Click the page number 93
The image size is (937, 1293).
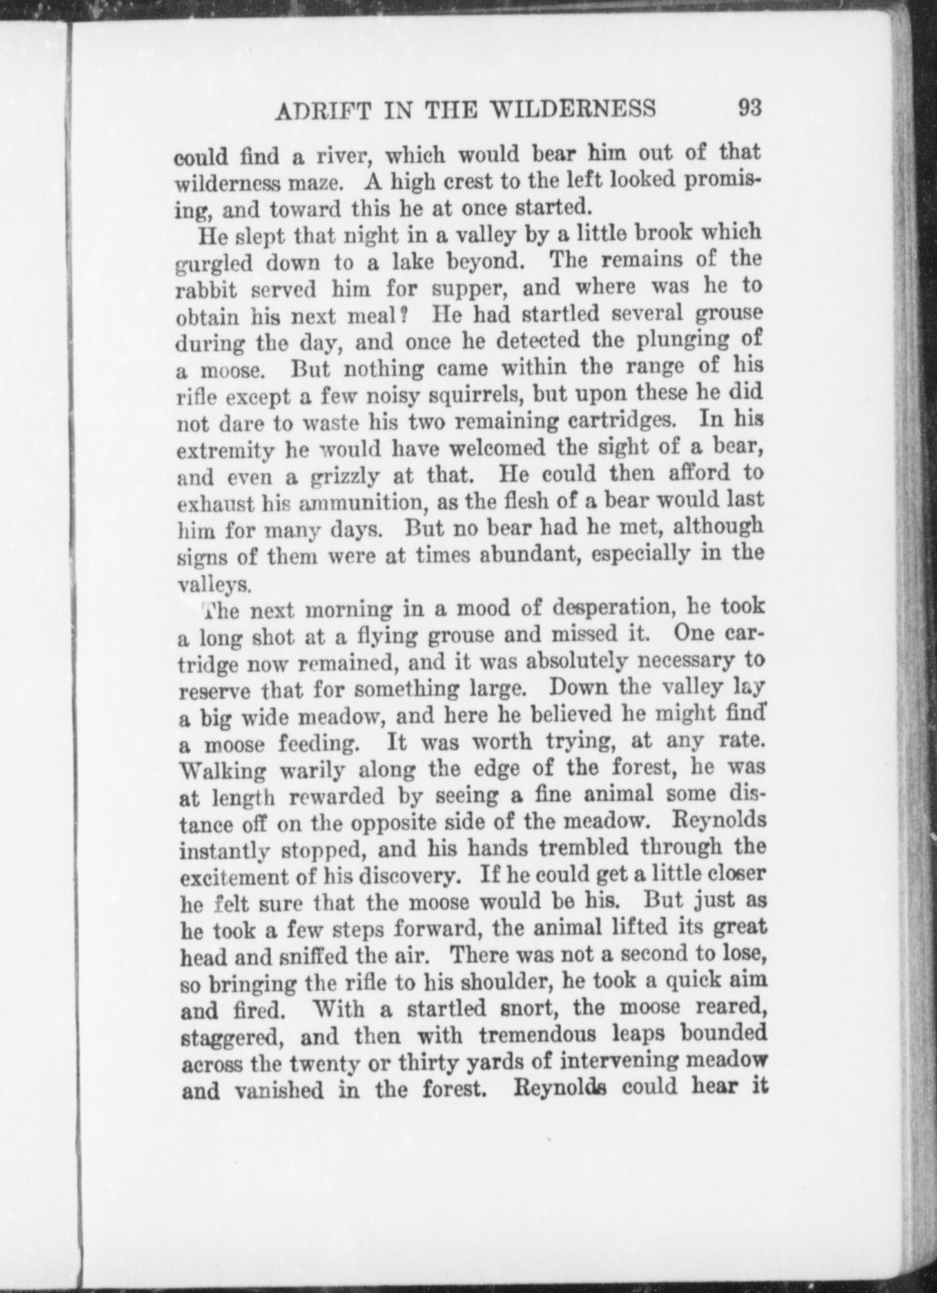(x=749, y=108)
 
